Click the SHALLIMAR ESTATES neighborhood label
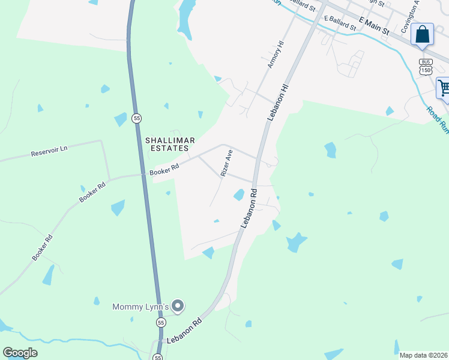pos(167,144)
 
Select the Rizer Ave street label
pos(226,163)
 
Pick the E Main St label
pos(375,25)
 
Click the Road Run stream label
pos(437,119)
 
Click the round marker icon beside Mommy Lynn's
pos(178,307)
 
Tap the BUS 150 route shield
pos(426,67)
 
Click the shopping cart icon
pos(444,88)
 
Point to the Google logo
pos(20,353)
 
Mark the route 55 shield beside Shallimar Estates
pos(137,118)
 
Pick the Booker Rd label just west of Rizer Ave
pos(165,170)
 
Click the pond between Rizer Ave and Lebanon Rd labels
pos(239,194)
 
